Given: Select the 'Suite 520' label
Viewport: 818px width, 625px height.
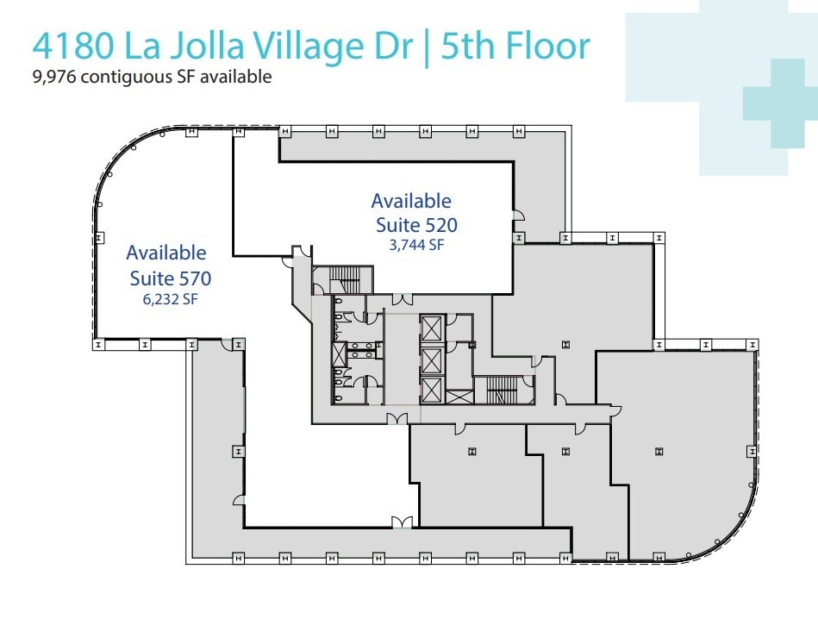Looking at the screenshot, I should [x=416, y=225].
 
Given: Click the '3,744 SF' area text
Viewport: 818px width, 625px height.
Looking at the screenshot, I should [x=416, y=244].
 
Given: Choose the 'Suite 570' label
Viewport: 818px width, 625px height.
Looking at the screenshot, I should [x=171, y=278].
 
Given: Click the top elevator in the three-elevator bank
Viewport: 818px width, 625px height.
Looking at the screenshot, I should [x=431, y=327].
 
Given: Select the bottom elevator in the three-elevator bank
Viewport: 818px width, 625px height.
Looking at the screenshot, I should [x=431, y=389].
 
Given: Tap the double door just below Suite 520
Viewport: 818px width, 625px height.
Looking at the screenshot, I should [x=402, y=299].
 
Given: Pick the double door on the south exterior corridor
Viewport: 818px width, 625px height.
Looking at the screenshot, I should [x=402, y=522].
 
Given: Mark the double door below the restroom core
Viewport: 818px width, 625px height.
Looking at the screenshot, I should [x=397, y=418].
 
